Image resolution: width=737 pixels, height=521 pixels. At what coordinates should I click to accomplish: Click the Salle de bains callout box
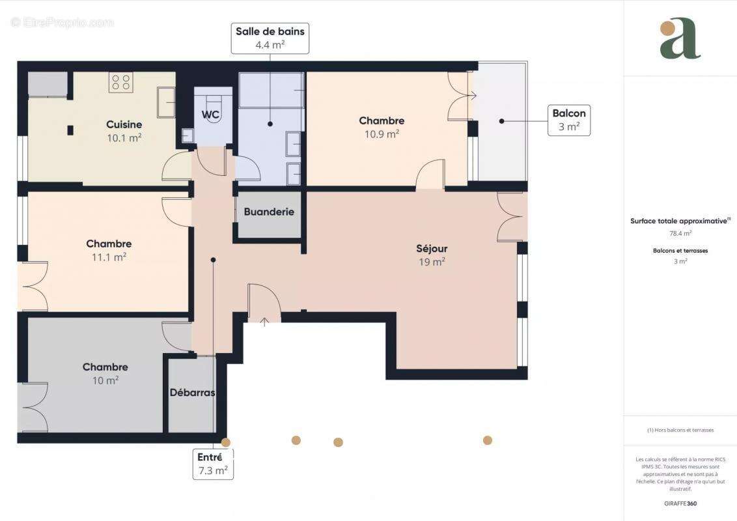tap(270, 38)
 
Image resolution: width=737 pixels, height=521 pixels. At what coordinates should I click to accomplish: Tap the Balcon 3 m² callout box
tap(569, 120)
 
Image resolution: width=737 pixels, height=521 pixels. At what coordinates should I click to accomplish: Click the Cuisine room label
tap(124, 124)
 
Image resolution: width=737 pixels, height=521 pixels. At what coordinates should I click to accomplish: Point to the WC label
tap(210, 115)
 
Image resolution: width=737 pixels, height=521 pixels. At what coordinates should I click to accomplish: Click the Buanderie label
tap(269, 212)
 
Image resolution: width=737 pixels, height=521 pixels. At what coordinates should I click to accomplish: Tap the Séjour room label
tap(432, 248)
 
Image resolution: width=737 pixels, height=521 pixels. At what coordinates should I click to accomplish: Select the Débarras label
tap(192, 392)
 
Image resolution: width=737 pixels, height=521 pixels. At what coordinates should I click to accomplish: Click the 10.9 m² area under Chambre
tap(382, 134)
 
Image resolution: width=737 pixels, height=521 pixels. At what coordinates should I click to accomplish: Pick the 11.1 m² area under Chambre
tap(109, 257)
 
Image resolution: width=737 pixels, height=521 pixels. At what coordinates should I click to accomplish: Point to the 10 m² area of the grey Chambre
tap(105, 380)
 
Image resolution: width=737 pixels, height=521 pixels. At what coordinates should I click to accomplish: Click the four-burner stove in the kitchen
tap(122, 82)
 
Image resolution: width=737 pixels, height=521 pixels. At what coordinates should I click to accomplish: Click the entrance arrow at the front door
tap(264, 320)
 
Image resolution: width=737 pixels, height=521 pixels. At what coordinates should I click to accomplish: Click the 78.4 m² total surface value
tap(680, 232)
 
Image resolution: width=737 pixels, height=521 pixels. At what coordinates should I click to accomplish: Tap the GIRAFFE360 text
tap(680, 503)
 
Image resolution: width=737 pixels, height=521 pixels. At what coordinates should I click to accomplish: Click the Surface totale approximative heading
tap(680, 221)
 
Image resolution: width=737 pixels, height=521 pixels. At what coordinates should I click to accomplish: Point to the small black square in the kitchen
tap(70, 130)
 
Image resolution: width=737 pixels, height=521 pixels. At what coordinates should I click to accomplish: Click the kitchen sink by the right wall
tap(166, 102)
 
